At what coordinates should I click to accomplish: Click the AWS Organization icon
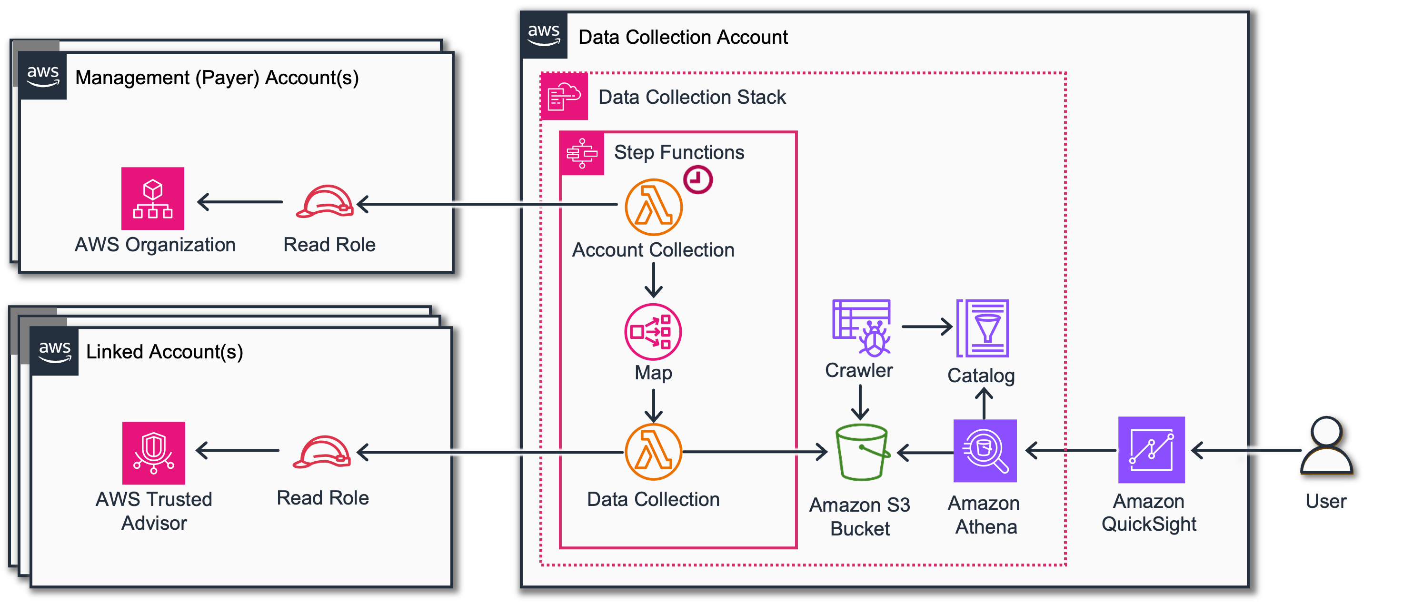(152, 198)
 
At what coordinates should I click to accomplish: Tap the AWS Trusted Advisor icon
(154, 453)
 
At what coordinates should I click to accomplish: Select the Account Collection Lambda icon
(653, 207)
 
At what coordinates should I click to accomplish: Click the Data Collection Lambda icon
(653, 452)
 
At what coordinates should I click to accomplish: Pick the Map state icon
(653, 332)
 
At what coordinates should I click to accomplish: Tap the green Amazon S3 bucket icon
(862, 452)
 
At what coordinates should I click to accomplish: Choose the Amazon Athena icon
(985, 450)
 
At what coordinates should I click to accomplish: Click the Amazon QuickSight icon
(1151, 449)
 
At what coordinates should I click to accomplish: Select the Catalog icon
(983, 328)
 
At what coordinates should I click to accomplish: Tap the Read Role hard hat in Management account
(324, 201)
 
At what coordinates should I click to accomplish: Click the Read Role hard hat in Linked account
(321, 452)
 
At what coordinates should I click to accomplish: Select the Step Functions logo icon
(582, 153)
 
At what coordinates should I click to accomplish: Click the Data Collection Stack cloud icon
(564, 97)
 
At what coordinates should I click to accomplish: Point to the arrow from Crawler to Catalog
(926, 327)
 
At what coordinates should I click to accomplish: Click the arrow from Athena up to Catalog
(984, 403)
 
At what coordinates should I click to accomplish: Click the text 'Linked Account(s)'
(164, 352)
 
